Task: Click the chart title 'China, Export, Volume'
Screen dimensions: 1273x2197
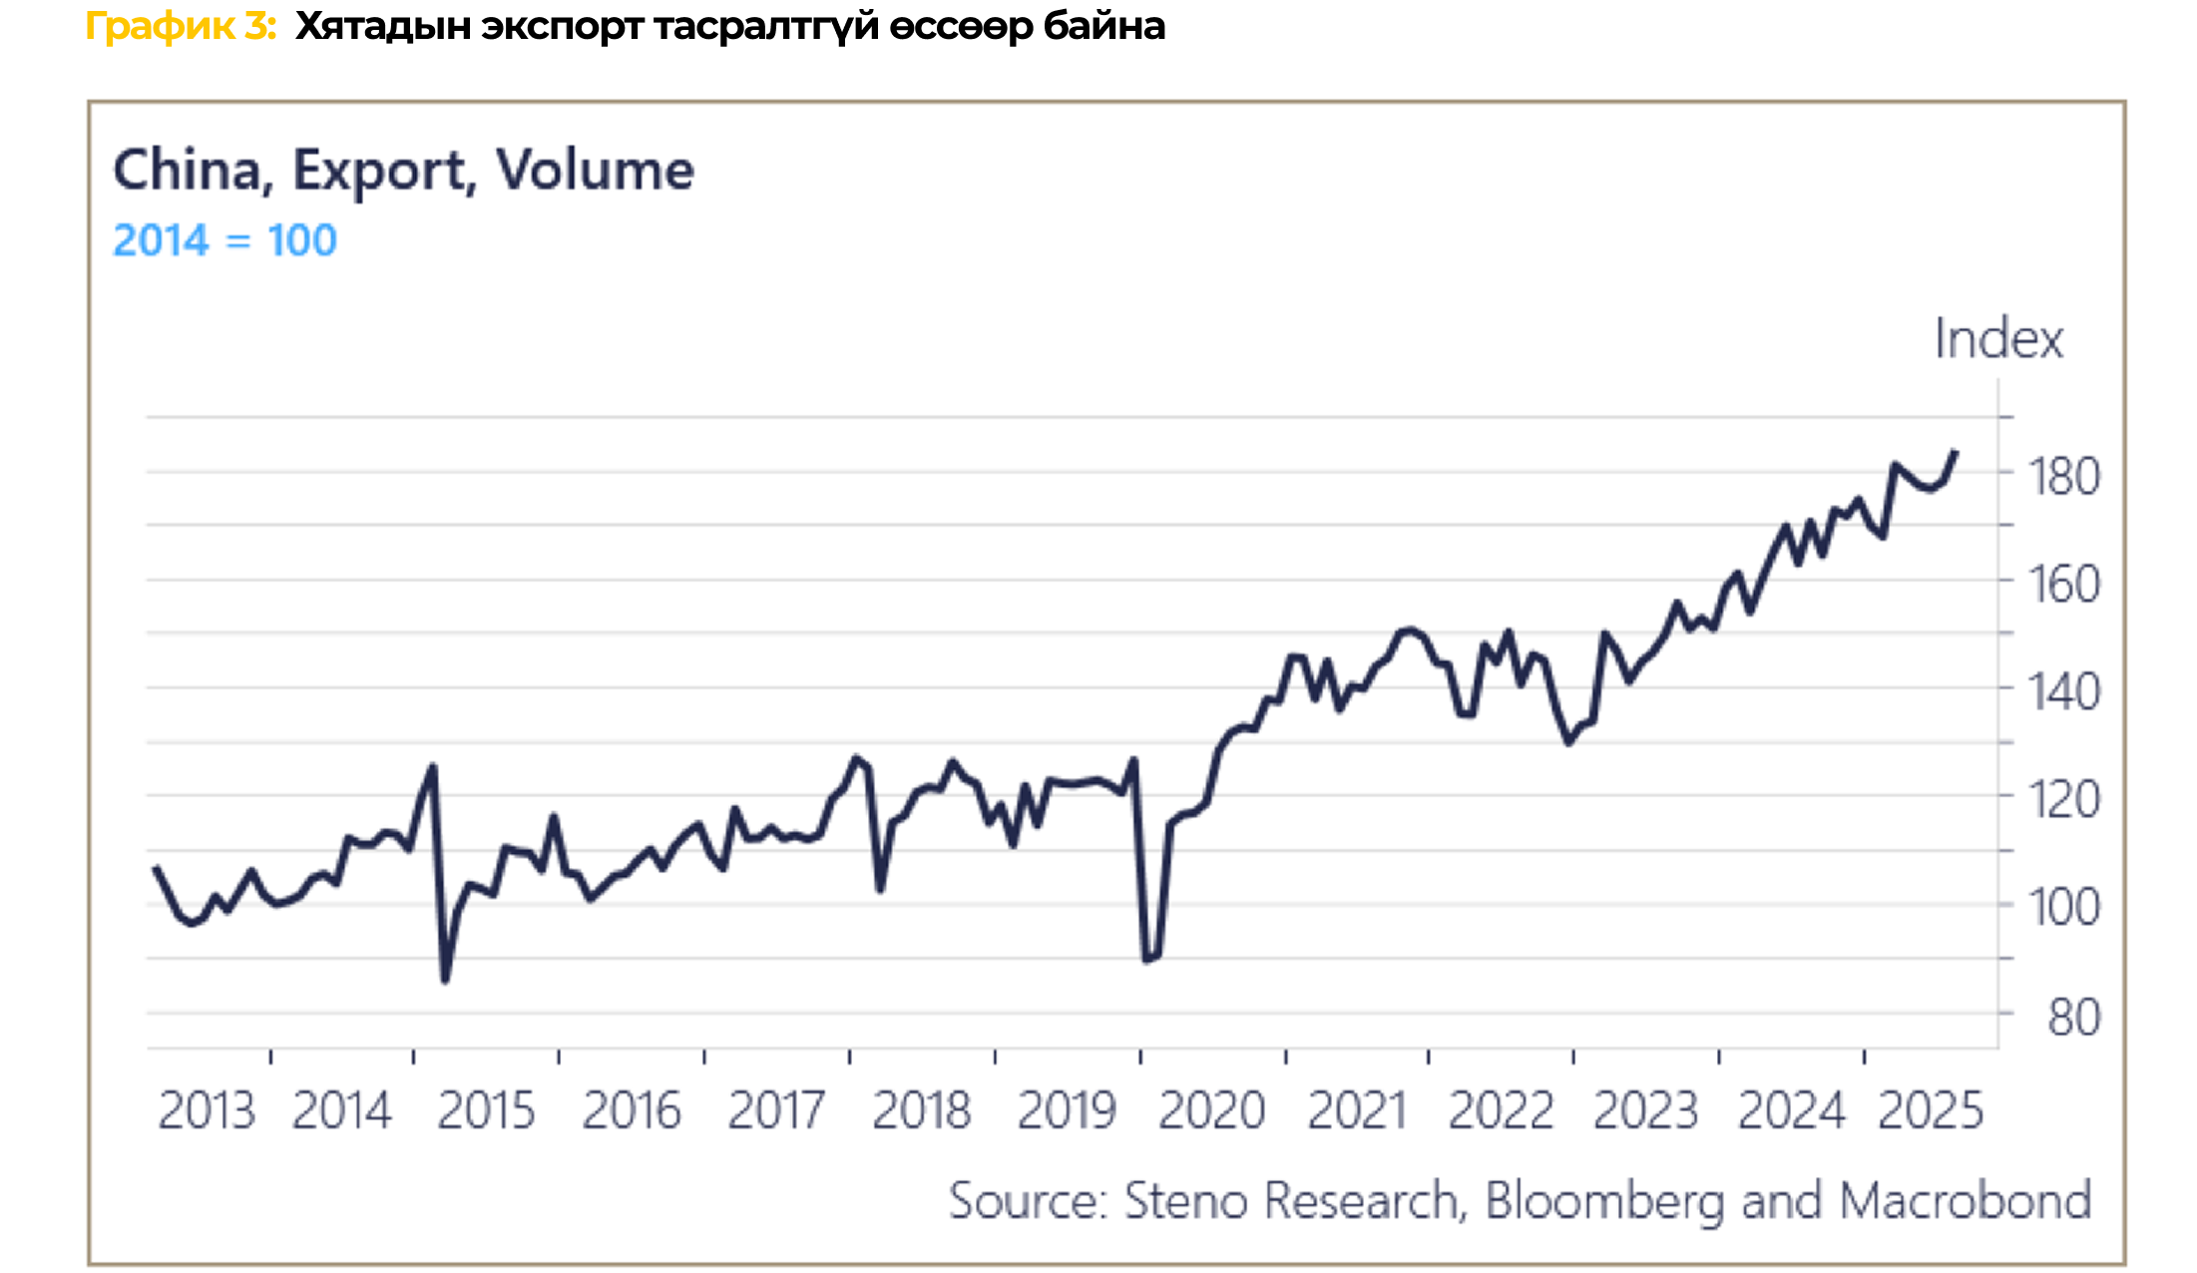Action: [x=403, y=170]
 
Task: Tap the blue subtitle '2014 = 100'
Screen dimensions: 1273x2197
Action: [x=224, y=240]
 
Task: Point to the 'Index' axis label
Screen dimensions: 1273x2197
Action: [x=1997, y=339]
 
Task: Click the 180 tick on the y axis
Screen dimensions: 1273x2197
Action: [x=2063, y=477]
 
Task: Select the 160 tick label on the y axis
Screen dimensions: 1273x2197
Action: [x=2063, y=585]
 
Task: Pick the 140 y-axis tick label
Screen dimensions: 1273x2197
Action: [x=2063, y=692]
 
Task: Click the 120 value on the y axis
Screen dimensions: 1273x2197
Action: [x=2063, y=800]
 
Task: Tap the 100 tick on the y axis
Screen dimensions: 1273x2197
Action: [x=2063, y=908]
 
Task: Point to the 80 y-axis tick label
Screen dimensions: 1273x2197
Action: [x=2073, y=1018]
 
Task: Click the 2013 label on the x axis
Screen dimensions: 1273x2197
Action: [x=207, y=1110]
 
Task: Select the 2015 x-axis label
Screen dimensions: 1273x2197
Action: [x=486, y=1110]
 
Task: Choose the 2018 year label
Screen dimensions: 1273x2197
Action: [x=921, y=1110]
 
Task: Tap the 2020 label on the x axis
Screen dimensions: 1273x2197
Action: [x=1211, y=1110]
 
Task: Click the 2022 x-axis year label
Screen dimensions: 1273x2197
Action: [x=1501, y=1110]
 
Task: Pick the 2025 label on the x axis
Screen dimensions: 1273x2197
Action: [x=1931, y=1110]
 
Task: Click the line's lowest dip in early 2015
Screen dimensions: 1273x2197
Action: [x=445, y=981]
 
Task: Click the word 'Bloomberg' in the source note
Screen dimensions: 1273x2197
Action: [x=1604, y=1200]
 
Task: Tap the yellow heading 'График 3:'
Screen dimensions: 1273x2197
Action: [x=181, y=26]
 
